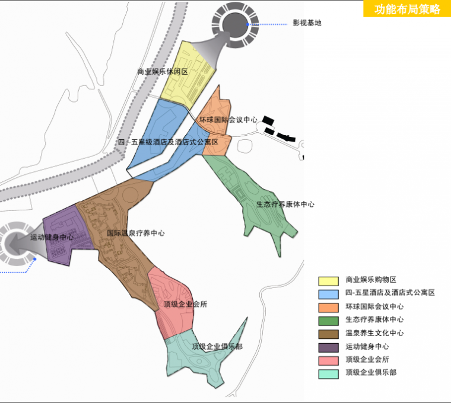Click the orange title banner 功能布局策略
(x=407, y=9)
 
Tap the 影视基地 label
(x=307, y=23)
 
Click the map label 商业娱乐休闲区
(x=162, y=71)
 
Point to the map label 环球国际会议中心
(x=228, y=120)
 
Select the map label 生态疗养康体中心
(x=285, y=204)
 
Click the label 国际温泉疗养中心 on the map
(x=136, y=233)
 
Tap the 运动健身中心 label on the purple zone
(x=52, y=237)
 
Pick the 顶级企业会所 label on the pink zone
(x=186, y=304)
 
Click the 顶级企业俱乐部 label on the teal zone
(x=217, y=346)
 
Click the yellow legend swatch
(x=328, y=280)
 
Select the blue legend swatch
(x=328, y=293)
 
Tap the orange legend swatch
(x=328, y=307)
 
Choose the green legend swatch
(x=328, y=321)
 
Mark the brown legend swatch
(x=328, y=333)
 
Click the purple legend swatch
(x=328, y=347)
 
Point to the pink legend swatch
(x=328, y=360)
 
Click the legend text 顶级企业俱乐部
(x=371, y=373)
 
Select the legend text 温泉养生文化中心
(x=374, y=333)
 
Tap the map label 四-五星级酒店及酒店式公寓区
(x=169, y=142)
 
